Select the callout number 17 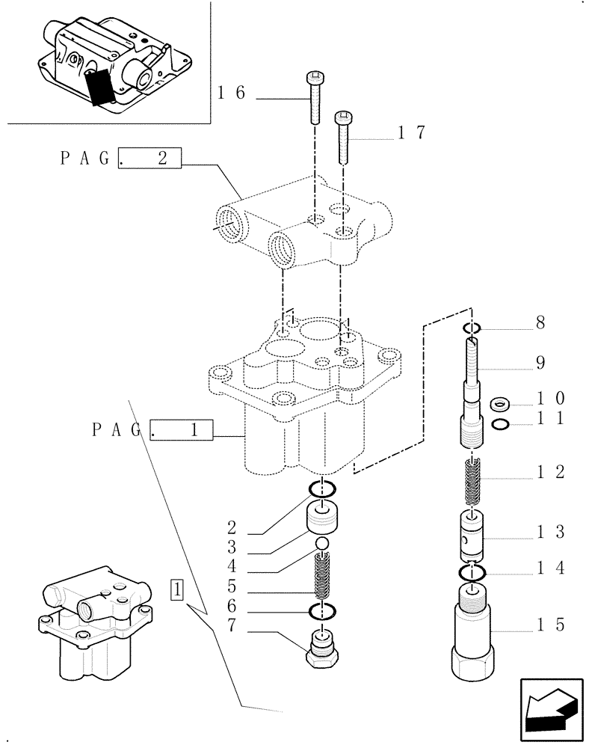click(412, 133)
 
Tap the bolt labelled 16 click(314, 97)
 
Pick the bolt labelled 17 click(343, 138)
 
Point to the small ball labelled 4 click(321, 544)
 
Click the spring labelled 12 click(472, 482)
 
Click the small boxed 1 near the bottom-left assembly click(177, 589)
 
